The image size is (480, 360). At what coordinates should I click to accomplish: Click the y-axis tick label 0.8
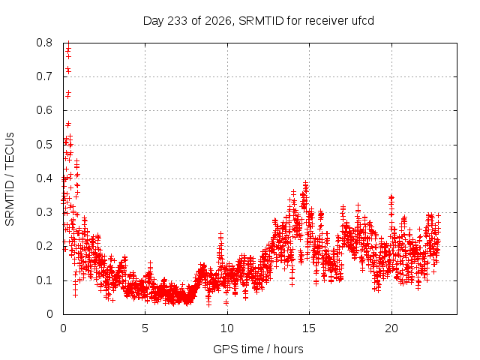pyautogui.click(x=44, y=43)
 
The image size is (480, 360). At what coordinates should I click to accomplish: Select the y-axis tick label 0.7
pyautogui.click(x=44, y=76)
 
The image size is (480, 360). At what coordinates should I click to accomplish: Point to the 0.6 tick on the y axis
pyautogui.click(x=44, y=110)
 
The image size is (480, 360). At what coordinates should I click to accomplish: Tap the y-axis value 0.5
pyautogui.click(x=44, y=145)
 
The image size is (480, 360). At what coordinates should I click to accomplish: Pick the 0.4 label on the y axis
pyautogui.click(x=44, y=178)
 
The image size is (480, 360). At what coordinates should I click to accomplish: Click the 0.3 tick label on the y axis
pyautogui.click(x=44, y=212)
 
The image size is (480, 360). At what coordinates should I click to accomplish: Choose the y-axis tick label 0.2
pyautogui.click(x=44, y=247)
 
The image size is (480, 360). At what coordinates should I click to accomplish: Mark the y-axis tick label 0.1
pyautogui.click(x=44, y=280)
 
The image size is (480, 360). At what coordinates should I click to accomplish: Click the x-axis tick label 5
pyautogui.click(x=145, y=328)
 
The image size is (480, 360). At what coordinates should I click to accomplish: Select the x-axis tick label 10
pyautogui.click(x=227, y=328)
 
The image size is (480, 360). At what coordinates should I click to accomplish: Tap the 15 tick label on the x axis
pyautogui.click(x=309, y=328)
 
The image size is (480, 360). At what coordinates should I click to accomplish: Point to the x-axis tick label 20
pyautogui.click(x=391, y=328)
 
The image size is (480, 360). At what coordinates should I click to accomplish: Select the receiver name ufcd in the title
pyautogui.click(x=363, y=21)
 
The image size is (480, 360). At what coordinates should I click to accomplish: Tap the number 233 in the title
pyautogui.click(x=178, y=21)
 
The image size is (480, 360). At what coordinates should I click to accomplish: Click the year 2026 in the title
pyautogui.click(x=218, y=21)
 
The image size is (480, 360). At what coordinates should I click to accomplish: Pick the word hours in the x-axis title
pyautogui.click(x=288, y=349)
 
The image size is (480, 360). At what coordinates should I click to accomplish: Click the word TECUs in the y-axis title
pyautogui.click(x=10, y=150)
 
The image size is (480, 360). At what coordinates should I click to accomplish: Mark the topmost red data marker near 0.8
pyautogui.click(x=68, y=43)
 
